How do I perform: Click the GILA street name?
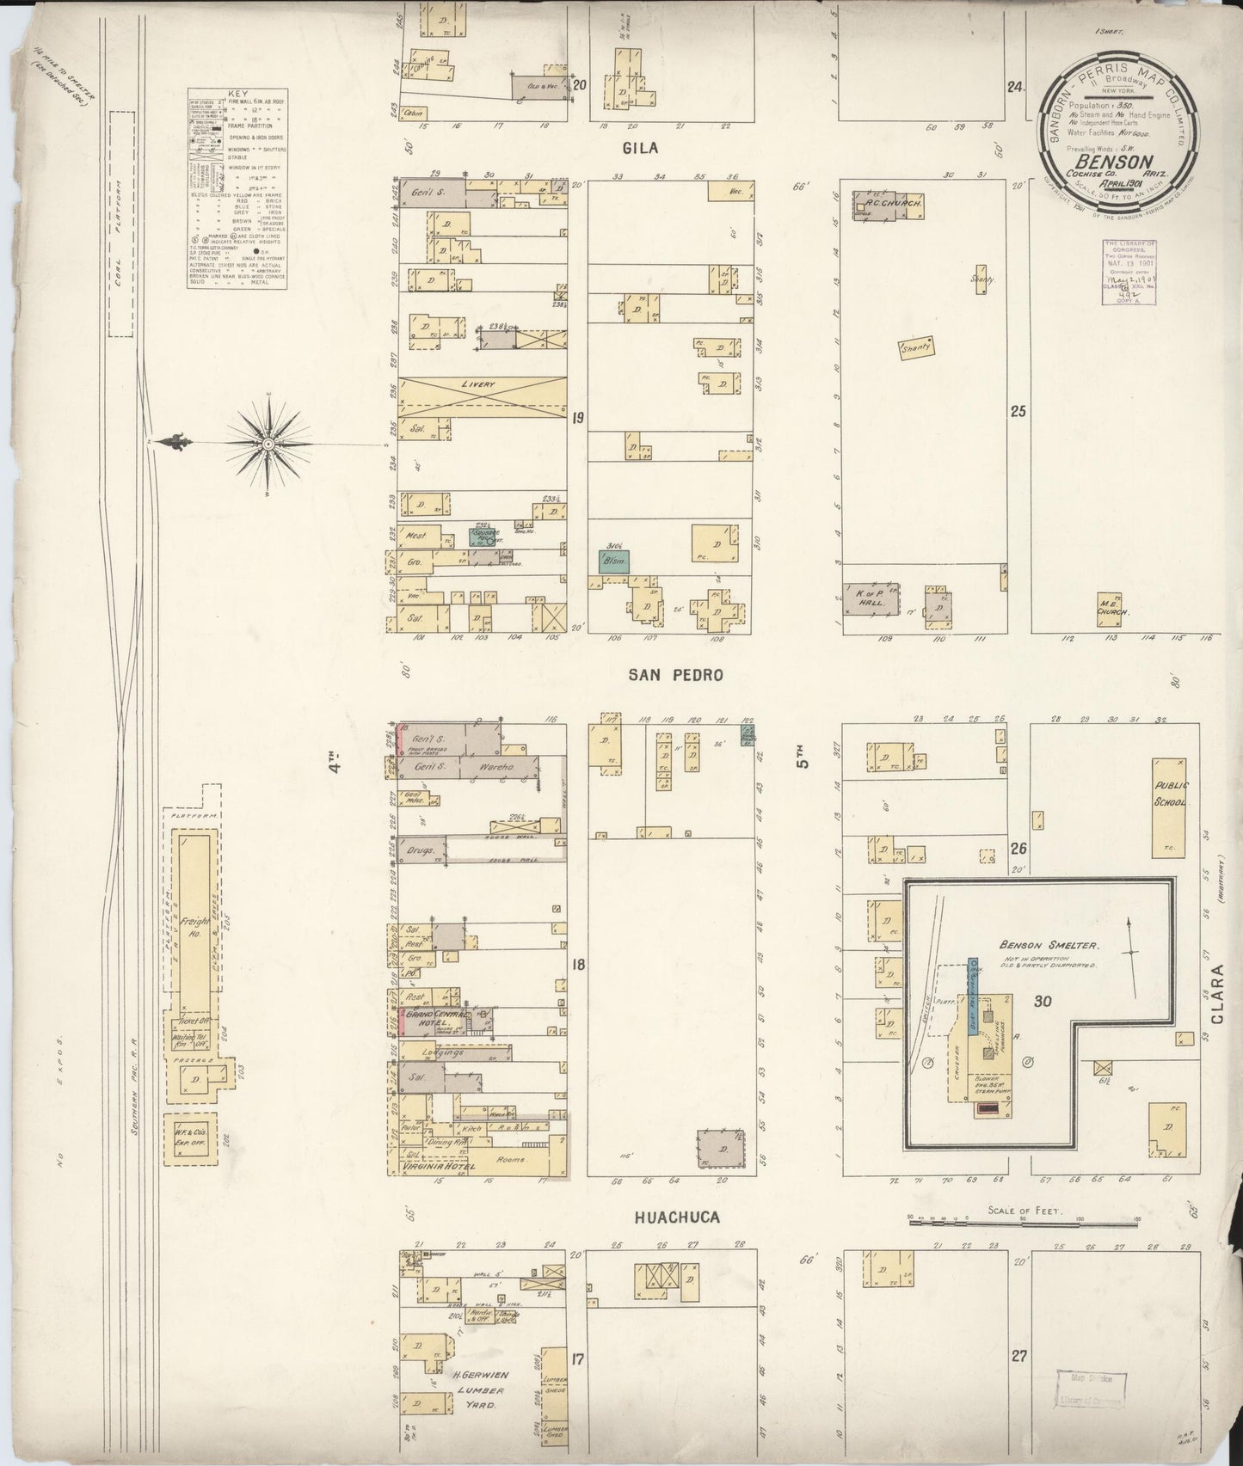tap(640, 148)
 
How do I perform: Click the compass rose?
tap(268, 443)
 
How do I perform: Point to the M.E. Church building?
tap(1111, 606)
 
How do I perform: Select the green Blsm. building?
tap(614, 561)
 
